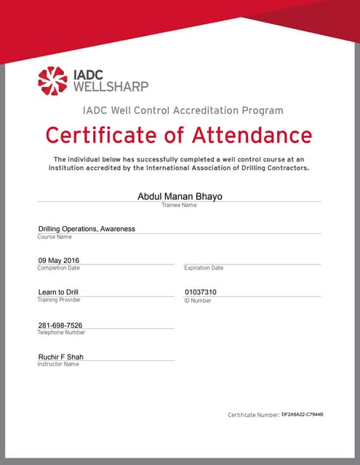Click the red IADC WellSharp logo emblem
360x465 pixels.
coord(52,81)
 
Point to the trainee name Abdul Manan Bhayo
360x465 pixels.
coord(179,196)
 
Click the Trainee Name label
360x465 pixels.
coord(179,206)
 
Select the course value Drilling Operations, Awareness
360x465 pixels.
coord(87,228)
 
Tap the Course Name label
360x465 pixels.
coord(55,237)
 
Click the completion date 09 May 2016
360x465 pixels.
coord(59,260)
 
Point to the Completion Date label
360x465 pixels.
coord(59,268)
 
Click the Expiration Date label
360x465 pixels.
coord(204,268)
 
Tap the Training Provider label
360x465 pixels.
coord(59,299)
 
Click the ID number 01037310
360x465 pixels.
coord(201,292)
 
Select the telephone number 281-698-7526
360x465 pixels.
coord(60,325)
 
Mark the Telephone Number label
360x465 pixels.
coord(61,332)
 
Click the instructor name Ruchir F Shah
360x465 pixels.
coord(61,357)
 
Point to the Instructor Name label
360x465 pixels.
coord(58,364)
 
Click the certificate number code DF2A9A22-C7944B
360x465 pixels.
coord(302,413)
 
